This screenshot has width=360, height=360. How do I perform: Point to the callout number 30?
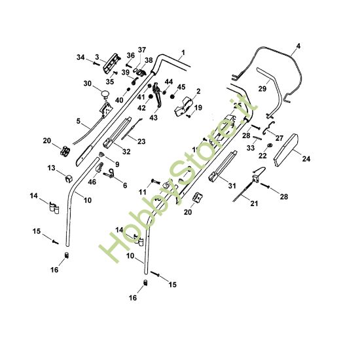(x=87, y=83)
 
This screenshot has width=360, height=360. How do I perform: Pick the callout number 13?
(x=52, y=168)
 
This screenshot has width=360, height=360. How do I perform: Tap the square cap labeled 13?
(x=68, y=177)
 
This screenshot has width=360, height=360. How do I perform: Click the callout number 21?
(x=255, y=204)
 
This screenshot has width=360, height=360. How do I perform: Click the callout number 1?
(x=183, y=52)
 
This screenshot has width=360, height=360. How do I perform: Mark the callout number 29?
(x=262, y=88)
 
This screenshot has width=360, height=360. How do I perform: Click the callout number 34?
(x=81, y=58)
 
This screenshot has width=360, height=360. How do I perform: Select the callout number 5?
(x=78, y=121)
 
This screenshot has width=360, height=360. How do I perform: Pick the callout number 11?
(x=141, y=190)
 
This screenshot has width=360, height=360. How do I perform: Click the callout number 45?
(x=181, y=86)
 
